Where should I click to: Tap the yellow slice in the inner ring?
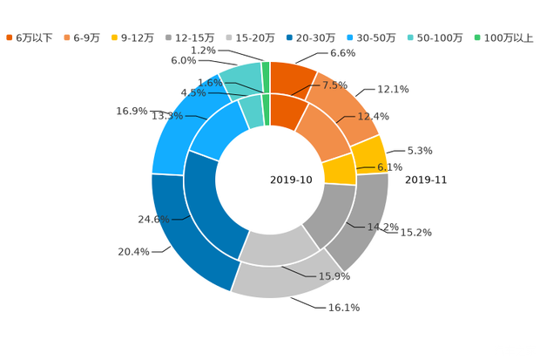coord(340,168)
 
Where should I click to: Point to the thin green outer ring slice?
coord(266,69)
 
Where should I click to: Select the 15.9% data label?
coord(334,276)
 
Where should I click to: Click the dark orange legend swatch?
coord(10,37)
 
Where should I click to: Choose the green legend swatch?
coord(477,37)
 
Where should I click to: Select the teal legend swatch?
coord(409,37)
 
